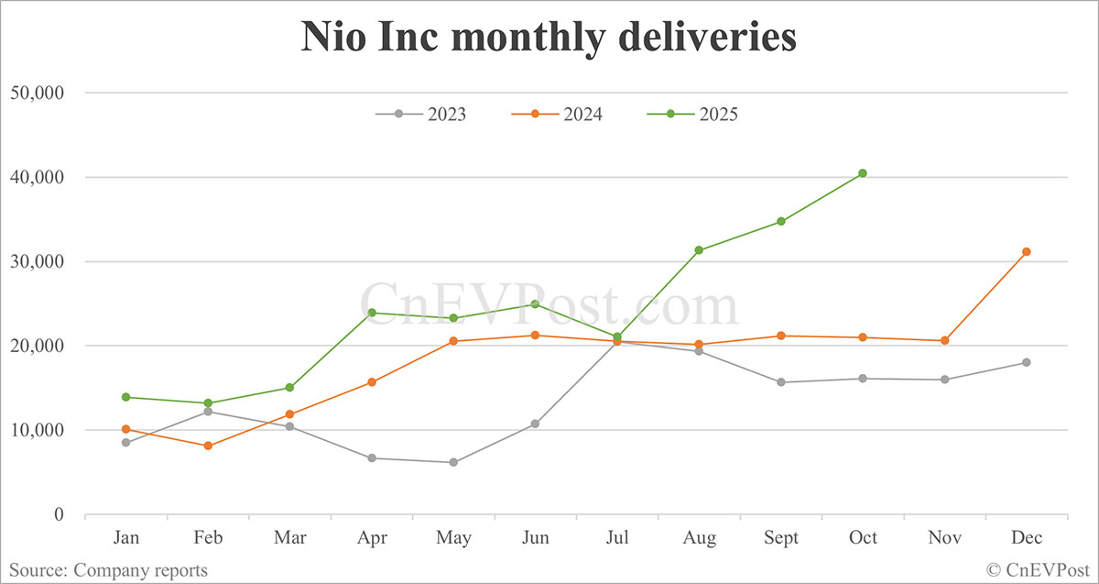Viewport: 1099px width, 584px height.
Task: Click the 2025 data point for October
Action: tap(863, 173)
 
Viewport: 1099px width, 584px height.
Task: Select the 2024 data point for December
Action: tap(1027, 251)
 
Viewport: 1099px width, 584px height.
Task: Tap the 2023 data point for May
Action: tap(453, 462)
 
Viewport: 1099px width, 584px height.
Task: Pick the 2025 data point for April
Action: tap(372, 313)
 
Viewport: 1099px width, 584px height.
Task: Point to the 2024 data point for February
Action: tap(208, 446)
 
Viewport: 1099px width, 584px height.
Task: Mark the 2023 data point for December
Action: tap(1027, 362)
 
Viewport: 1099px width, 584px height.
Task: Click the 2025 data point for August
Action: tap(699, 250)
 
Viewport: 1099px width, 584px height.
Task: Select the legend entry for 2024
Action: tap(558, 115)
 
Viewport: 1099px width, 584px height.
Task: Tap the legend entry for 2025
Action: tap(693, 115)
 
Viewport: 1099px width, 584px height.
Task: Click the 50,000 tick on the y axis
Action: tap(36, 93)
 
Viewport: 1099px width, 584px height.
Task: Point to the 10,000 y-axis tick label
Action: tap(36, 430)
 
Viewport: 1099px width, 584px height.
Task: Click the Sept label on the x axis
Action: tap(781, 538)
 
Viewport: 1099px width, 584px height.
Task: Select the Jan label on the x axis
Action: tap(125, 538)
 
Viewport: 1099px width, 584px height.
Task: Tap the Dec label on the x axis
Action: tap(1027, 538)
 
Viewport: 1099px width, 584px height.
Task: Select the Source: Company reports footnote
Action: tap(109, 570)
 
